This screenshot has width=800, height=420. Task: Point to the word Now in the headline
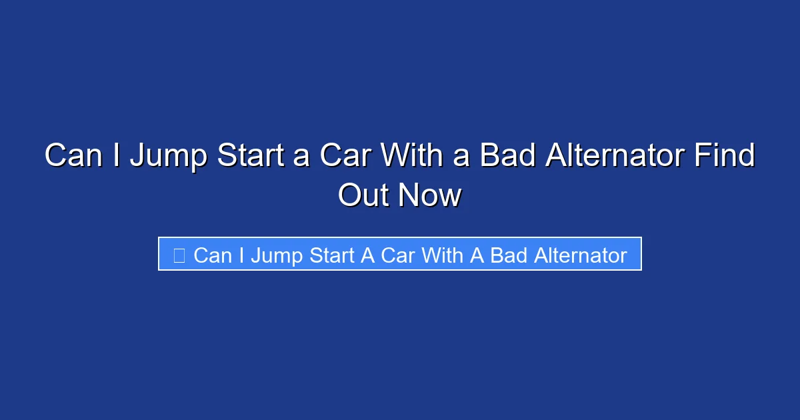tap(430, 195)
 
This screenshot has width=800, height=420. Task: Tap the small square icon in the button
tap(179, 255)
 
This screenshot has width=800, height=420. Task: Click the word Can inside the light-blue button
tap(212, 255)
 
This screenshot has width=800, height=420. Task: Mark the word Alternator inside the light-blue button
tap(579, 255)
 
